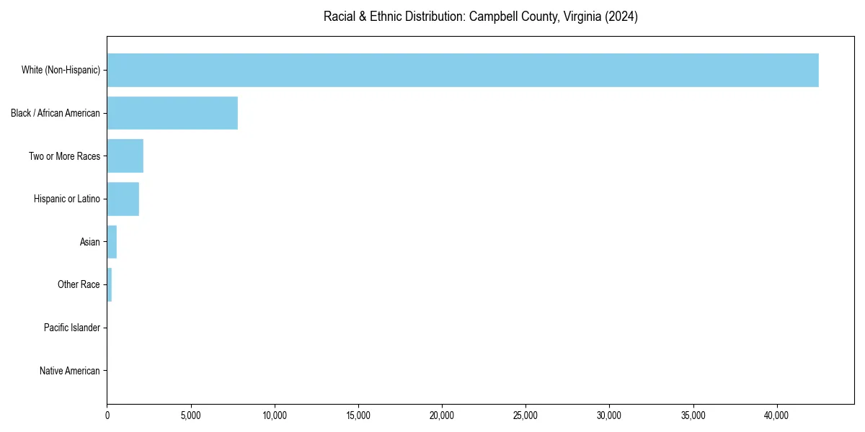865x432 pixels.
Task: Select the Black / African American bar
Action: tap(172, 113)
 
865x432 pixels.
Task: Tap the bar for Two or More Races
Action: tap(125, 156)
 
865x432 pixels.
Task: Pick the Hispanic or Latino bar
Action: tap(123, 199)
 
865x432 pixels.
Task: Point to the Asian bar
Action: tap(112, 242)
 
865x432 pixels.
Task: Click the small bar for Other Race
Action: tap(110, 284)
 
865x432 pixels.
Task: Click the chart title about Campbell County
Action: tap(481, 17)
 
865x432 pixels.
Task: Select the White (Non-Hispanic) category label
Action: tap(61, 70)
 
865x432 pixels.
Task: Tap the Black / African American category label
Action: tap(56, 113)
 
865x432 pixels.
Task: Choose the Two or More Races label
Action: tap(64, 156)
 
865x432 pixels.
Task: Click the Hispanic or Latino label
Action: tap(67, 199)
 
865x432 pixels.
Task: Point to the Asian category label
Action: tap(90, 242)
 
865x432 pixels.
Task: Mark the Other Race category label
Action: tap(79, 284)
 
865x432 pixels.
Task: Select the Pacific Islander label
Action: tap(72, 328)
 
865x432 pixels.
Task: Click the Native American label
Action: tap(70, 371)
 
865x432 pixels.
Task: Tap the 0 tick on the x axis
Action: tap(107, 415)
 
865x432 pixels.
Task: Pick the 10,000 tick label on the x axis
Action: tap(275, 415)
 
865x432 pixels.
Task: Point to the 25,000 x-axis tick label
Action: tap(525, 415)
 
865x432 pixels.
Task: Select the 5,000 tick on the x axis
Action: tap(191, 415)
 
